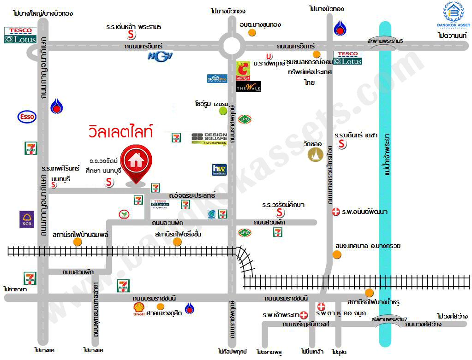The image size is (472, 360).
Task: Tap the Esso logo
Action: [x=27, y=117]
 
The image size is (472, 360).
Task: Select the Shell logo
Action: [x=139, y=309]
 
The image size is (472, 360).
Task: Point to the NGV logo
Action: [x=160, y=57]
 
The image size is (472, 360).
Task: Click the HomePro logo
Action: [x=217, y=78]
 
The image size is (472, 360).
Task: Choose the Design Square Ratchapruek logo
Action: [x=209, y=138]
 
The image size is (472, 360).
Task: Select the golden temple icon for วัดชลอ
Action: [x=316, y=155]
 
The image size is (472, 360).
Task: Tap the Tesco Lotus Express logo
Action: [x=160, y=204]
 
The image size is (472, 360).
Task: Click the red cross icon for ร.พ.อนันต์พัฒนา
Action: [x=336, y=212]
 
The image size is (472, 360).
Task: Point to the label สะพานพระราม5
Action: [x=385, y=41]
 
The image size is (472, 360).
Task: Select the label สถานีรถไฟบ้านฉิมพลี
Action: [x=81, y=235]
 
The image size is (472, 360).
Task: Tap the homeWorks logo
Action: [x=218, y=170]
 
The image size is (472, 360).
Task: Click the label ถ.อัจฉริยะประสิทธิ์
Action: [x=192, y=195]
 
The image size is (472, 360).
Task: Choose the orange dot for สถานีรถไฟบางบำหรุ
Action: [x=369, y=293]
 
